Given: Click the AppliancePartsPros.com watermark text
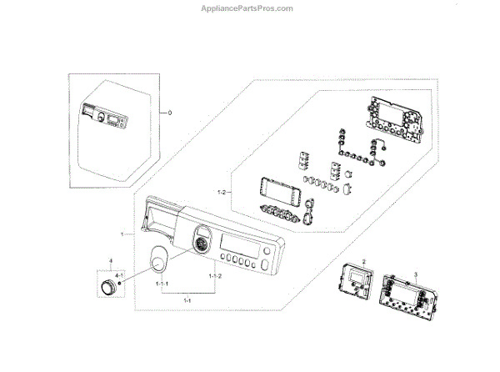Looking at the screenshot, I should point(249,8).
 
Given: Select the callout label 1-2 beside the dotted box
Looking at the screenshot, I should point(221,193).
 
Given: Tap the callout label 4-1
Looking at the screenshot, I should point(119,274).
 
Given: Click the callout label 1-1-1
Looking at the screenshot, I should point(162,284).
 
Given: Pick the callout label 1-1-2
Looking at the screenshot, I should point(214,274).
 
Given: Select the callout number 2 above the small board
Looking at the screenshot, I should point(364,261).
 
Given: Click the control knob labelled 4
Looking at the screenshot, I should point(107,289).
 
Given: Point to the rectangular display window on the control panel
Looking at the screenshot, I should point(234,246).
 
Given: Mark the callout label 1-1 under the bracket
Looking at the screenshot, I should point(187,299).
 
